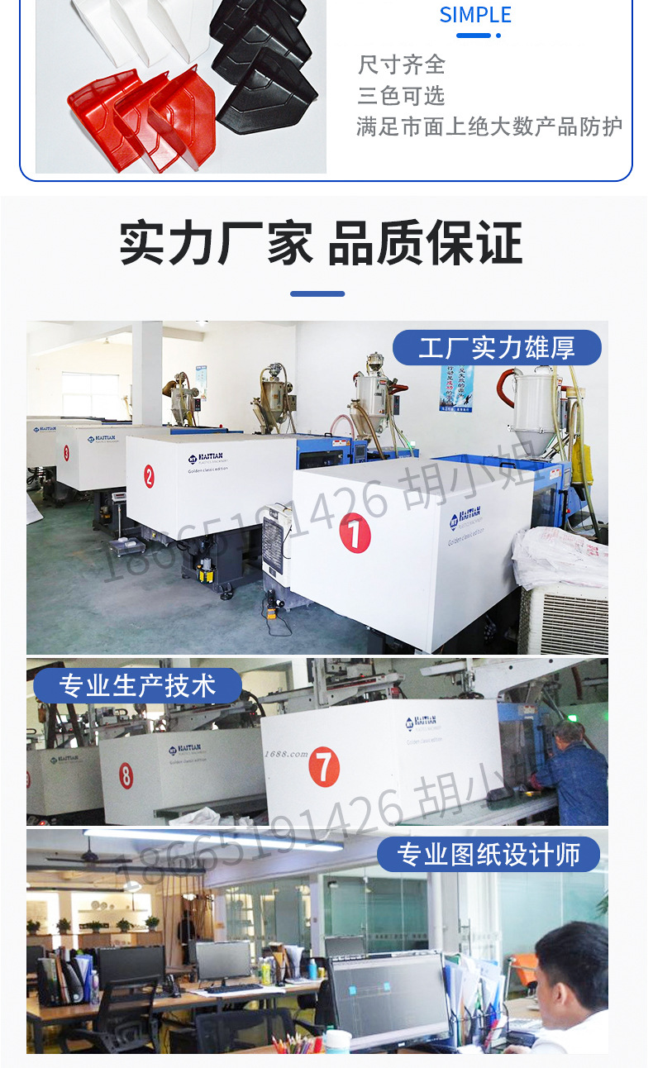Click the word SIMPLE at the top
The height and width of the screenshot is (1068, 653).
[x=475, y=15]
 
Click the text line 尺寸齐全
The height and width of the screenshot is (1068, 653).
[x=402, y=65]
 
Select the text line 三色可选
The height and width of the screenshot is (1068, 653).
[x=402, y=96]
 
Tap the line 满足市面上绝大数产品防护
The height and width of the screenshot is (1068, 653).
[x=489, y=126]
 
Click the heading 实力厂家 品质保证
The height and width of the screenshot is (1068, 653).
[x=322, y=243]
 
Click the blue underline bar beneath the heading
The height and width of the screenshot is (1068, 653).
[x=317, y=293]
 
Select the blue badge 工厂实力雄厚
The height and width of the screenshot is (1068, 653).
[x=496, y=348]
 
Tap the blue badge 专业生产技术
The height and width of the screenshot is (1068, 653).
[x=137, y=686]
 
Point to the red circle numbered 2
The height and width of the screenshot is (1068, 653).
[x=149, y=475]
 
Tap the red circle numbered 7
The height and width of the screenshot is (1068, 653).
[x=324, y=768]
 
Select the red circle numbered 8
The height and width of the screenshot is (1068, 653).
[x=126, y=775]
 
